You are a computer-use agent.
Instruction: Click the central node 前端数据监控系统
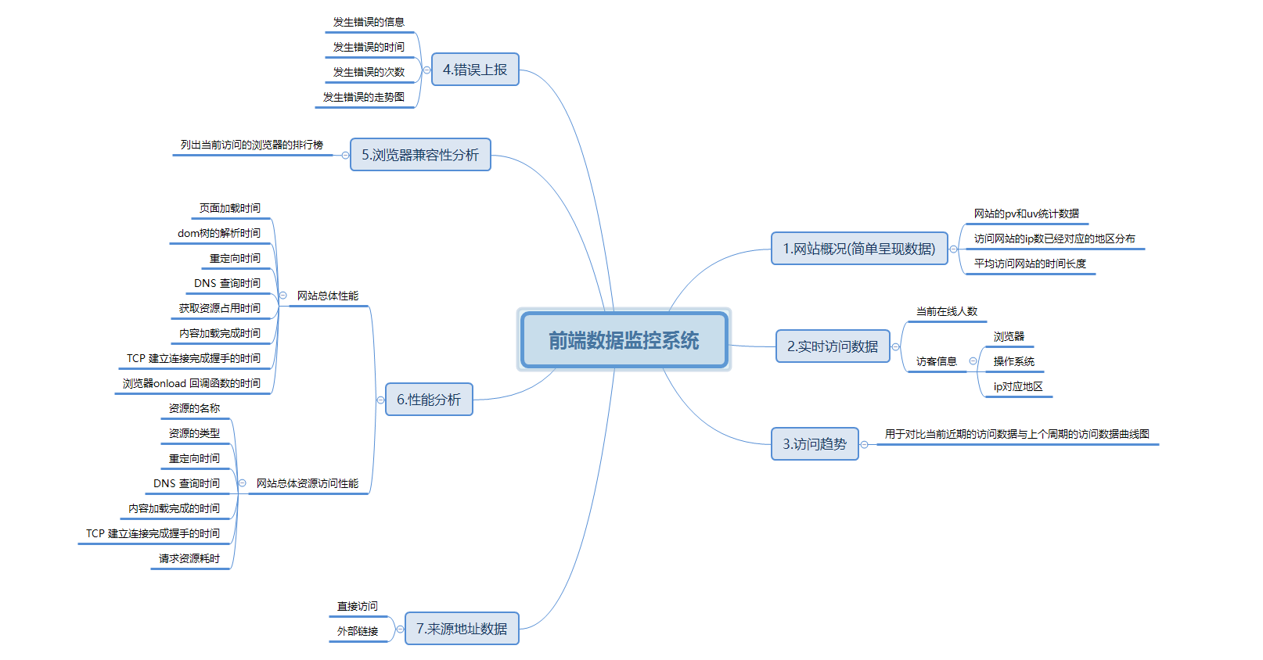[x=624, y=340]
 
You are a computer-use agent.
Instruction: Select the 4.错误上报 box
[x=475, y=70]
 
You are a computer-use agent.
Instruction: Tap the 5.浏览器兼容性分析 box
[x=420, y=155]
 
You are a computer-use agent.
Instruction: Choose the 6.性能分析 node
[x=429, y=400]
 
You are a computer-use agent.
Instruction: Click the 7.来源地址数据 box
[x=462, y=629]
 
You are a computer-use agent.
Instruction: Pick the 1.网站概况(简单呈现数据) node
[x=859, y=249]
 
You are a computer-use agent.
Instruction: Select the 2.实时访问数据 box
[x=833, y=346]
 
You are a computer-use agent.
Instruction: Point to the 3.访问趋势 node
[x=815, y=444]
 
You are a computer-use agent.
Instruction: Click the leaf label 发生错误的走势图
[x=364, y=97]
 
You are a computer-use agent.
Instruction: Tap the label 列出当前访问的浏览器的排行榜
[x=252, y=145]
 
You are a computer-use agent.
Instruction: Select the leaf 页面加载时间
[x=230, y=208]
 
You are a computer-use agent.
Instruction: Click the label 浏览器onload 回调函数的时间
[x=192, y=383]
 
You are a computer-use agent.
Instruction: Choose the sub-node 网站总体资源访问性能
[x=308, y=483]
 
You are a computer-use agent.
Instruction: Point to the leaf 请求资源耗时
[x=189, y=558]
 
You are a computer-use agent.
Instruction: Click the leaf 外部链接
[x=358, y=631]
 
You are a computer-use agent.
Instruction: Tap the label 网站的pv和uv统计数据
[x=1027, y=213]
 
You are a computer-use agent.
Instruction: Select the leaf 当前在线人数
[x=947, y=311]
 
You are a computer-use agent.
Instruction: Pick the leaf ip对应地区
[x=1018, y=386]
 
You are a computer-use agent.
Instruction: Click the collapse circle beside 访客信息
[x=973, y=361]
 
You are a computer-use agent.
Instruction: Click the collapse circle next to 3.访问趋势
[x=865, y=445]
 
